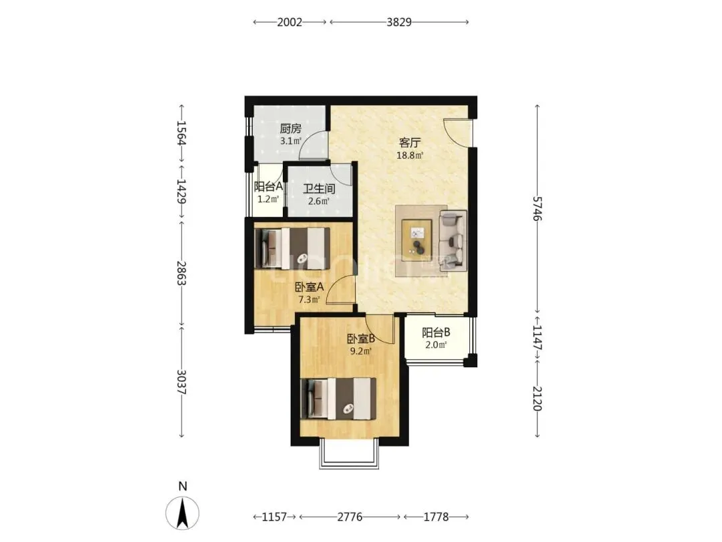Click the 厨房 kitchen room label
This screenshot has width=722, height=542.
[x=291, y=128]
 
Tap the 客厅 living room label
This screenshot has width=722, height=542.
[x=410, y=143]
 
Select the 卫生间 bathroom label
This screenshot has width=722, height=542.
[x=319, y=189]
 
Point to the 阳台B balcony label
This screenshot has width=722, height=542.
[x=436, y=333]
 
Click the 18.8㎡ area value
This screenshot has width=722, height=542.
[x=410, y=156]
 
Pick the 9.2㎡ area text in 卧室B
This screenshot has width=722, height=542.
[x=360, y=351]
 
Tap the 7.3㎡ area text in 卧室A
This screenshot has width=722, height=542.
[x=309, y=300]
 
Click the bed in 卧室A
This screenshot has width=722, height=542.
[x=292, y=248]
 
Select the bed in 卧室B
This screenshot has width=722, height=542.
[x=338, y=399]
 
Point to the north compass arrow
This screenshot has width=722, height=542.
[x=183, y=513]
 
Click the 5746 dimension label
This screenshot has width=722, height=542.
[x=537, y=208]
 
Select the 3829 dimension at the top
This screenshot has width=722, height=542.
[x=398, y=21]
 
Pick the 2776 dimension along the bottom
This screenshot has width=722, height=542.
[x=350, y=517]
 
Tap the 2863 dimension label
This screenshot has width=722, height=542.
[x=182, y=273]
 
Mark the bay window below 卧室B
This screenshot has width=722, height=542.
[x=349, y=454]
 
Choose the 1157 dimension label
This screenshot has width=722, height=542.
[x=275, y=517]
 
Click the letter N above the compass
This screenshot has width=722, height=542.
[x=183, y=486]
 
